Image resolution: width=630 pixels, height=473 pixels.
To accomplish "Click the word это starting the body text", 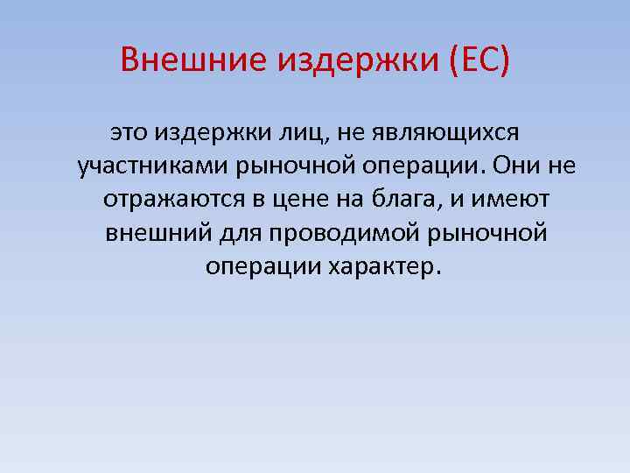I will click(129, 133).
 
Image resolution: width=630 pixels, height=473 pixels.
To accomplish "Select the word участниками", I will click(147, 167).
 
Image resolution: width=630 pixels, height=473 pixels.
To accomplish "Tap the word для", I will click(234, 234).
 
